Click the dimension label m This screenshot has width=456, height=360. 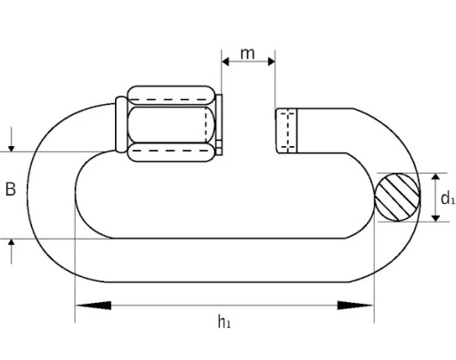click(248, 53)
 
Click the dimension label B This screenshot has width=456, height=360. click(11, 189)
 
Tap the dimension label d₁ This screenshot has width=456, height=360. click(448, 198)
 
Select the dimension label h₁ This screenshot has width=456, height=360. click(224, 322)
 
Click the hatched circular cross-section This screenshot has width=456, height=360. click(397, 197)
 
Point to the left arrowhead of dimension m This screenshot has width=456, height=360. click(225, 61)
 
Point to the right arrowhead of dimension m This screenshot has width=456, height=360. click(272, 61)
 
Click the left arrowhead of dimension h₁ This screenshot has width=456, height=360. click(94, 306)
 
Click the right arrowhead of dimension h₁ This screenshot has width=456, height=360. click(355, 306)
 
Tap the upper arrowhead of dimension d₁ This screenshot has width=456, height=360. click(436, 177)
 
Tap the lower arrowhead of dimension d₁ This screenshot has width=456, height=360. click(436, 217)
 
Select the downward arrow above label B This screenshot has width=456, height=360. click(12, 139)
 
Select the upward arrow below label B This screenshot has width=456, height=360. click(12, 251)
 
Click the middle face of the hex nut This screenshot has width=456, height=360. click(171, 124)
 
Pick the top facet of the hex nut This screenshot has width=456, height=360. click(171, 95)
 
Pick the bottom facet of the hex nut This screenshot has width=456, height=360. click(171, 152)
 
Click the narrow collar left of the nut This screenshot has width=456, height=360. click(121, 125)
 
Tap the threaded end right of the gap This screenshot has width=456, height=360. click(286, 131)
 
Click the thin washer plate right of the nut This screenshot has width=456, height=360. click(219, 118)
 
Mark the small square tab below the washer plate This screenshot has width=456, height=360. click(219, 148)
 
